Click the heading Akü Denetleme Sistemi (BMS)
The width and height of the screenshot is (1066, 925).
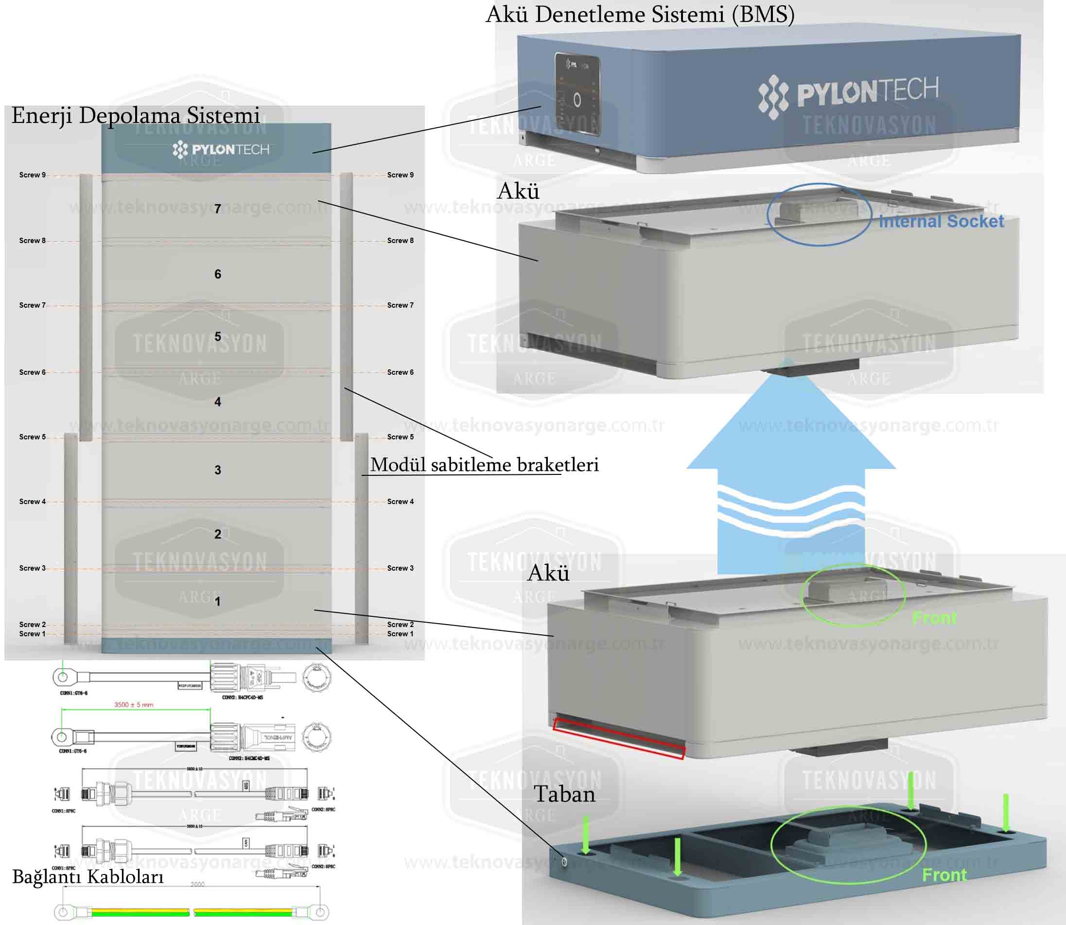[x=640, y=15]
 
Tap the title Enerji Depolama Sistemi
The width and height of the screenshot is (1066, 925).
[x=135, y=115]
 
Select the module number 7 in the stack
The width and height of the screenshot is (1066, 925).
[x=217, y=209]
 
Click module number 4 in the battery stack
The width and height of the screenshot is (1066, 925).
[x=217, y=401]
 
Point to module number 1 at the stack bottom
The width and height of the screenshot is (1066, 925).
[x=217, y=601]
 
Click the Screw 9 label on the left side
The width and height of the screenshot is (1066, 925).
[x=32, y=175]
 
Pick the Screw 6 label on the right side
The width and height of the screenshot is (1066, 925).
[x=400, y=372]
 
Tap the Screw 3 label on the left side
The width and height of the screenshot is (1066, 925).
[x=32, y=568]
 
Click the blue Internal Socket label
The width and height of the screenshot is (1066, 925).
[x=941, y=222]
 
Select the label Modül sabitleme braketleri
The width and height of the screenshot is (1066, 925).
[x=484, y=465]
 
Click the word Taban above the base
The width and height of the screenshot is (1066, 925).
[x=564, y=794]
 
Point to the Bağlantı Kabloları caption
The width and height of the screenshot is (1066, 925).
[x=88, y=876]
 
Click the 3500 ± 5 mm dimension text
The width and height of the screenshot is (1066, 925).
[x=134, y=705]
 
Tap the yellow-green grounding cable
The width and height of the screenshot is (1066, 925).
[x=191, y=912]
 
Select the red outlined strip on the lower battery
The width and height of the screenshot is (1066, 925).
[x=618, y=738]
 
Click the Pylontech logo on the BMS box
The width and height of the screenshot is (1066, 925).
[x=848, y=94]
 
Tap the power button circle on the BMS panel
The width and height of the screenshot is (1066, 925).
[x=577, y=100]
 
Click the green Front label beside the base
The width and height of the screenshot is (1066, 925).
[x=944, y=875]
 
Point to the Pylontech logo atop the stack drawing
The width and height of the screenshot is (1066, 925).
[x=221, y=150]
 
